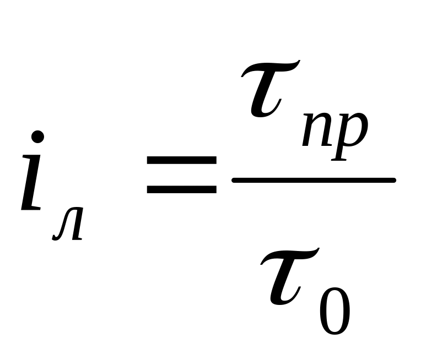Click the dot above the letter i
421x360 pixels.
coord(37,137)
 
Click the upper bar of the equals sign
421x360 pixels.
coord(181,160)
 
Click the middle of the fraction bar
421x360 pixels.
coord(314,180)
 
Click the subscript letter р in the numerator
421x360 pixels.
coord(350,135)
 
